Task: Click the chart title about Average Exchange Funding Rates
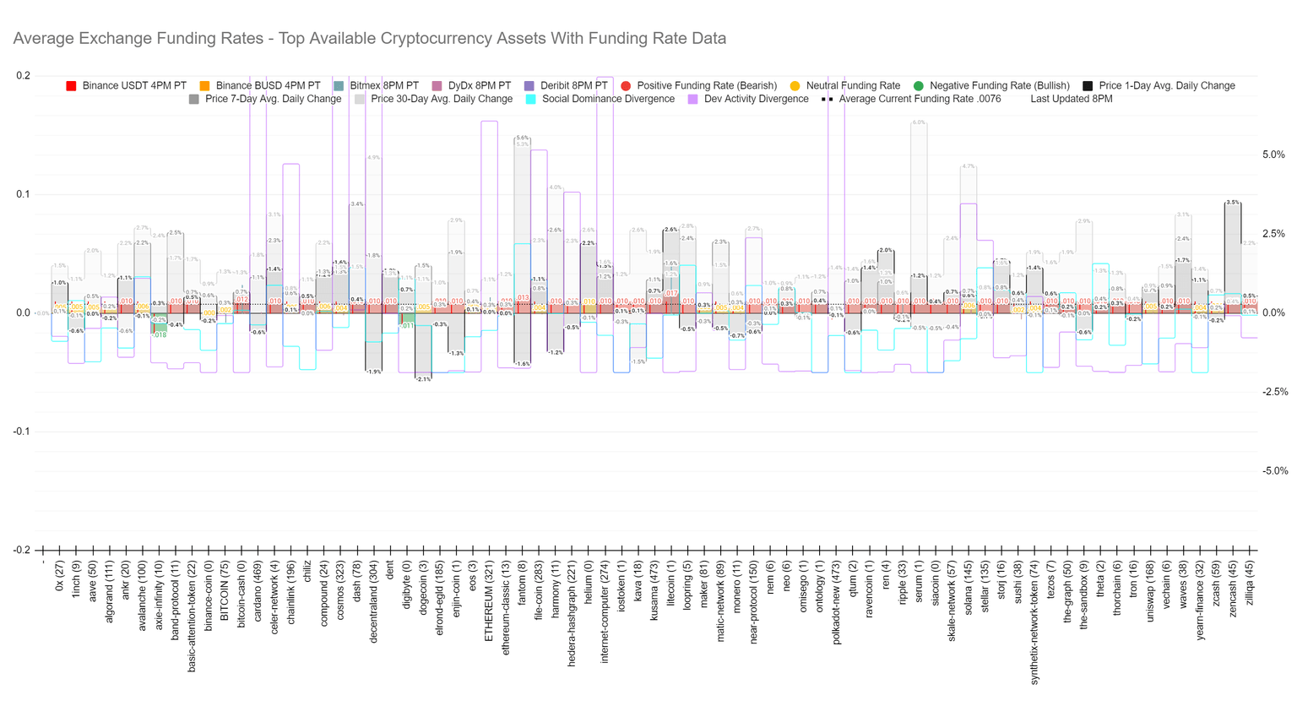(369, 39)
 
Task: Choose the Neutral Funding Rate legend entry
(853, 86)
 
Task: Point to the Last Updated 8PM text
(1071, 100)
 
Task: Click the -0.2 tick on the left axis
(22, 550)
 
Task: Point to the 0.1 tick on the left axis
(24, 194)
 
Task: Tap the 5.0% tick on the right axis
(1273, 155)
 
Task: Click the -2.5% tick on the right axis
(1273, 392)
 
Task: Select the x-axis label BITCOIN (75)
(225, 590)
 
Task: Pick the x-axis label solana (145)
(969, 591)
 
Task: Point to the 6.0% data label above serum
(919, 123)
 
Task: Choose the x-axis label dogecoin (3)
(423, 591)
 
